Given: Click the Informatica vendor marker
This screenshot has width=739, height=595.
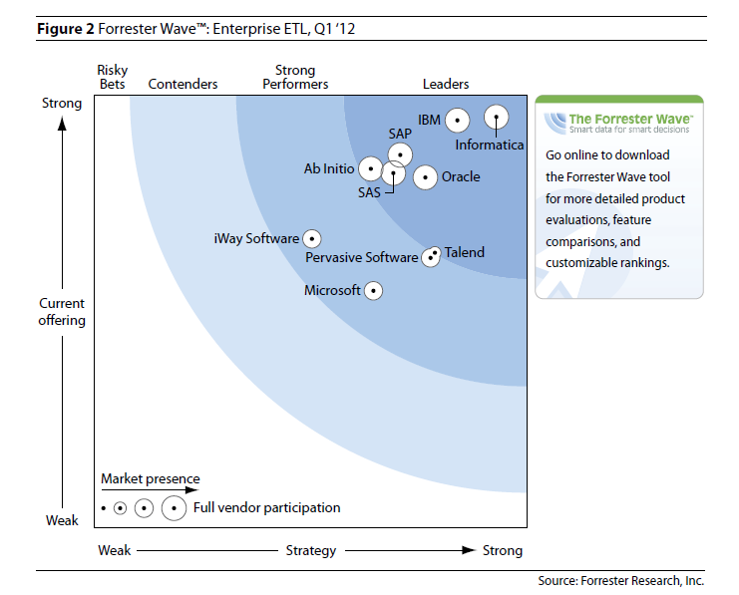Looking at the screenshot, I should [x=496, y=119].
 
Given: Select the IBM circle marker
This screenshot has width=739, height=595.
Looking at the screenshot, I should [x=457, y=121].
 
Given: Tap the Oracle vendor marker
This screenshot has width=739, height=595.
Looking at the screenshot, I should [x=425, y=178].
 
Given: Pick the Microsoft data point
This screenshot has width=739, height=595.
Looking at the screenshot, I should [x=373, y=291].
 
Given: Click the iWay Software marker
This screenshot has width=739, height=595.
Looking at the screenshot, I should [x=312, y=239].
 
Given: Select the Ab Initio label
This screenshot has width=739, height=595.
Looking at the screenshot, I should [x=328, y=169].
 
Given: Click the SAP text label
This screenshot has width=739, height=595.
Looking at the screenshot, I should [x=400, y=134].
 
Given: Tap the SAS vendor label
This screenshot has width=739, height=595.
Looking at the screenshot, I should [x=369, y=192].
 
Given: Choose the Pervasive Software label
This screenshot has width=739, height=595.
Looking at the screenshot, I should [x=361, y=258].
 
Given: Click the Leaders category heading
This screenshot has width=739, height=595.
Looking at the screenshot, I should [x=446, y=85].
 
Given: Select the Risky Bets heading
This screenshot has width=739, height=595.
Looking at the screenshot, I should [x=113, y=78].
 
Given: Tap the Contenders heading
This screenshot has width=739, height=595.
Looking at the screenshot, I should [x=183, y=85].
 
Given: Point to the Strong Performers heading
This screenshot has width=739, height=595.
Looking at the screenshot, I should [x=295, y=78].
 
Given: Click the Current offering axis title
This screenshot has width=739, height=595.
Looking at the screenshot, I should [x=62, y=312].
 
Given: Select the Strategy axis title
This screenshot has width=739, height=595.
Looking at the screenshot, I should [x=310, y=551].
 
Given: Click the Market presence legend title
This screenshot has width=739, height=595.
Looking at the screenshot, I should [x=150, y=479].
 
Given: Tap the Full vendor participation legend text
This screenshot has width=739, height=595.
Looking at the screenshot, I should [x=266, y=508].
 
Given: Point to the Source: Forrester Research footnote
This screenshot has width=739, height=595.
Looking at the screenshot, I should [x=620, y=580].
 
